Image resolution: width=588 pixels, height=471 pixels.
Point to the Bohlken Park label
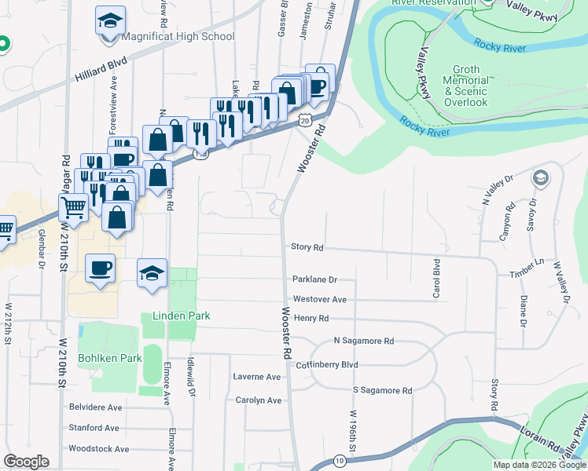pos(109,358)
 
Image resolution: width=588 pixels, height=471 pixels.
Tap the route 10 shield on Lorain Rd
pos(339,460)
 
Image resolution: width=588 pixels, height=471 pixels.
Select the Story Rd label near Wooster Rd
pos(307,246)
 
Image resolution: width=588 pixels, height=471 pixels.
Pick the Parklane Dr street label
pos(314,279)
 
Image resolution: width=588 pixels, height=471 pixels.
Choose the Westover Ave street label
pos(319,299)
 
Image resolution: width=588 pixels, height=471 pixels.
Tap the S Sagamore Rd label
pos(382,390)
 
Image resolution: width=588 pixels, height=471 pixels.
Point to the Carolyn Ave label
pos(258,400)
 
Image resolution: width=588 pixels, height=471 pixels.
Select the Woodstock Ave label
pos(99,449)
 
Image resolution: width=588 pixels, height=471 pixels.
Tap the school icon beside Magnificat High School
pos(111,22)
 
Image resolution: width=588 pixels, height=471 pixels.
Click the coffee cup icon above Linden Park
pos(101,269)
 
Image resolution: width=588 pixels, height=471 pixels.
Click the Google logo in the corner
pos(26,462)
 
